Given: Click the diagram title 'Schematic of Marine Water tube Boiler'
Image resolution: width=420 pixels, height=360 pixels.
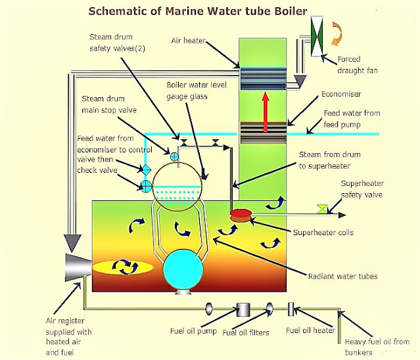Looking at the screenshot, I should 197,11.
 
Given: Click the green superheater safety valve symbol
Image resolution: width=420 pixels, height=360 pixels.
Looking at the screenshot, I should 322,209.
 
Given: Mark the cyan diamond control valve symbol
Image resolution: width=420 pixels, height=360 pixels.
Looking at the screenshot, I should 147,169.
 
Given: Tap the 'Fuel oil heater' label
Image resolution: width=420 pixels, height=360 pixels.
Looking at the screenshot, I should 310,330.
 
